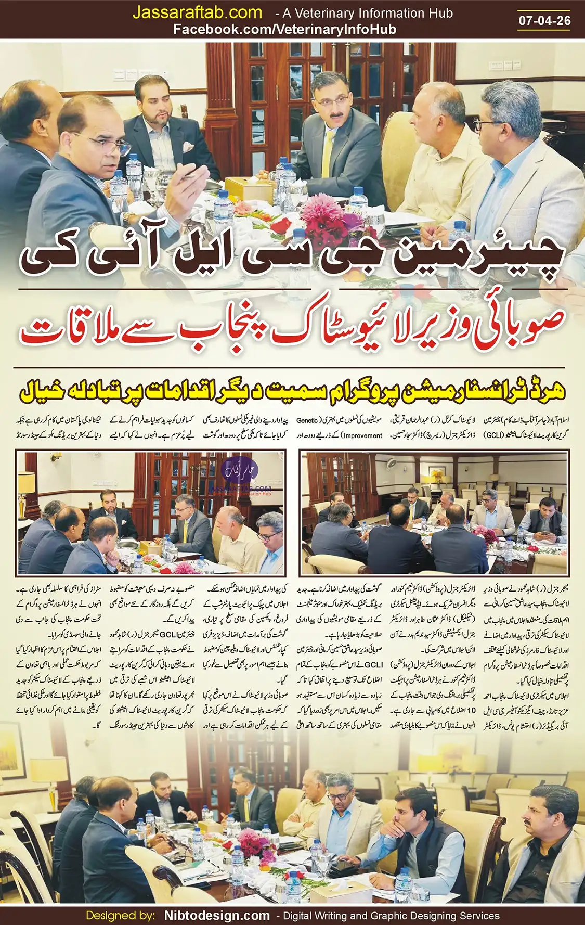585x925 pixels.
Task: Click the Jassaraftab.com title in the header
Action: (x=197, y=12)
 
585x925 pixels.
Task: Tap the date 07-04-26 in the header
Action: (x=544, y=20)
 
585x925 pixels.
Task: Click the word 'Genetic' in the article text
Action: (x=307, y=420)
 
